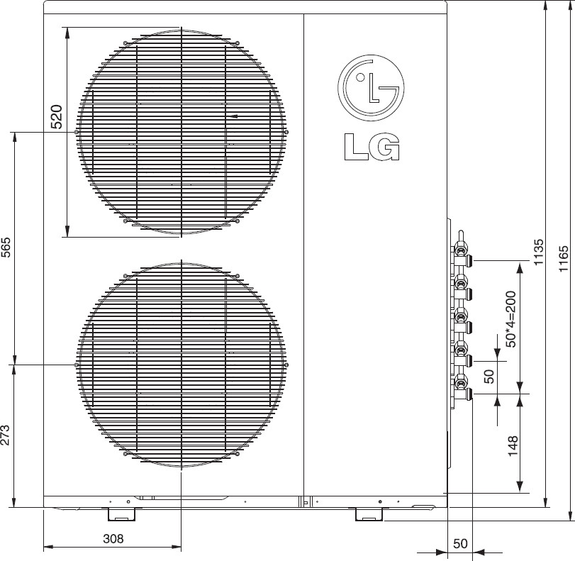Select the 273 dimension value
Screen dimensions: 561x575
(6, 435)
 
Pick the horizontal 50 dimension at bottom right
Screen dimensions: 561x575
(460, 544)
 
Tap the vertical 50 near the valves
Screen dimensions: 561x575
(489, 376)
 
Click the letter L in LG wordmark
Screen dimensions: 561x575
(356, 147)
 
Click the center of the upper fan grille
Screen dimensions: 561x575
(182, 132)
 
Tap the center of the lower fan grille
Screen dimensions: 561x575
(182, 364)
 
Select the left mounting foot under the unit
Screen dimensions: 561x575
(118, 513)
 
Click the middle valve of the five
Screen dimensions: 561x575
(462, 319)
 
